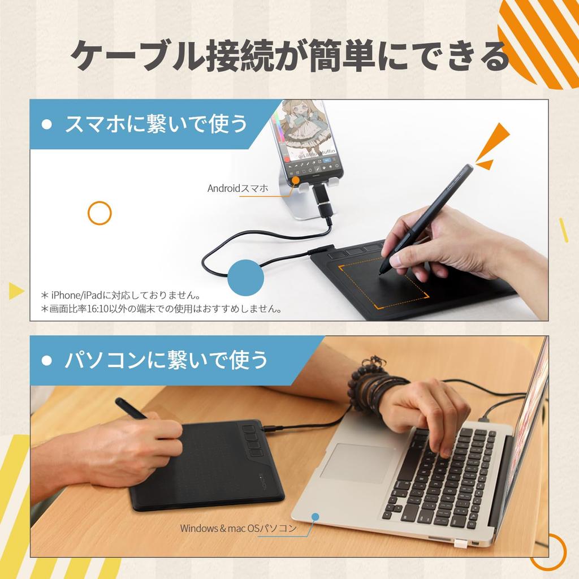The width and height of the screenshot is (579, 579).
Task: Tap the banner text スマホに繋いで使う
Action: [156, 124]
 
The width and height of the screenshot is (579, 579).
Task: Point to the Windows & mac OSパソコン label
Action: [238, 529]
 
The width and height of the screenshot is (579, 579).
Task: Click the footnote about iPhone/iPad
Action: [121, 295]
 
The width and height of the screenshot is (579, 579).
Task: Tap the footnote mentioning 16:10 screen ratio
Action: [161, 309]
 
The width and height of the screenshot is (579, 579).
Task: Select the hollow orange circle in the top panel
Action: [100, 213]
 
